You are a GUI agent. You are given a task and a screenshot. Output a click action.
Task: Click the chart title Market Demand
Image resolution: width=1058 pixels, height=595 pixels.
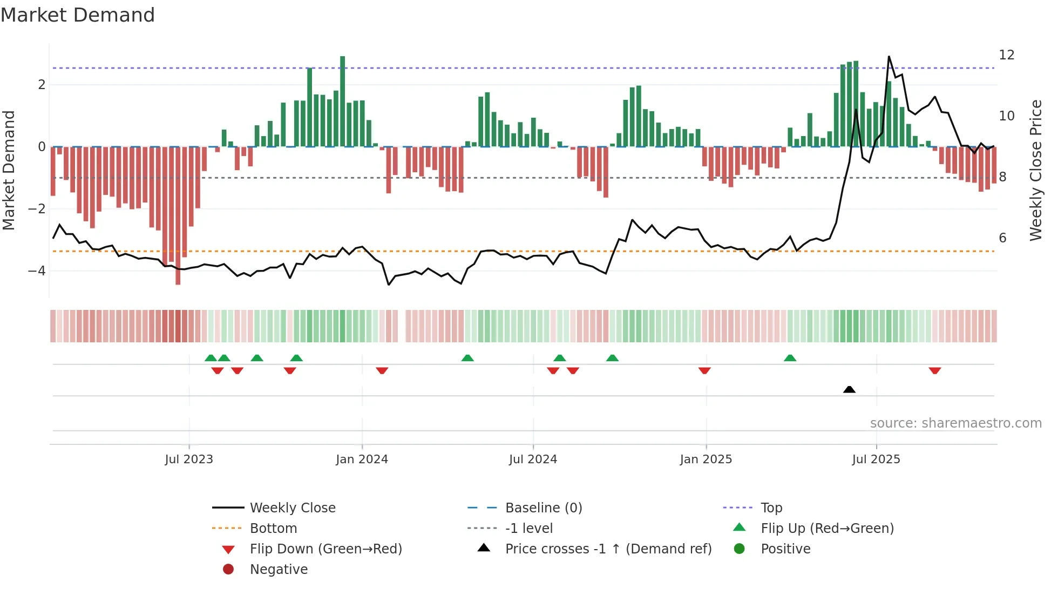[78, 15]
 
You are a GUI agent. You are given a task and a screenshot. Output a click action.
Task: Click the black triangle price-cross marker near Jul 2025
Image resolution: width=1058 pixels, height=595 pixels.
[849, 389]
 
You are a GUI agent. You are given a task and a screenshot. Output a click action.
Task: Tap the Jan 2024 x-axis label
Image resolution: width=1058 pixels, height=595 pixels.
[362, 459]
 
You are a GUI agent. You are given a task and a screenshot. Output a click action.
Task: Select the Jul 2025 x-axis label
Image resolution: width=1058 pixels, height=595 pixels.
[876, 459]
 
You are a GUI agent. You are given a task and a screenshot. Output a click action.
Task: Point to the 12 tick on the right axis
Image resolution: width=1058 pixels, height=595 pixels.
[1006, 55]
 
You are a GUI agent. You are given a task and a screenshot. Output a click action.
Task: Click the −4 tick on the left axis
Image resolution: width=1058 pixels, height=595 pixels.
[37, 271]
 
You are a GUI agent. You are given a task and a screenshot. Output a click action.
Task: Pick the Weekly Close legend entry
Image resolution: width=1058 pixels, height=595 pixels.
[292, 508]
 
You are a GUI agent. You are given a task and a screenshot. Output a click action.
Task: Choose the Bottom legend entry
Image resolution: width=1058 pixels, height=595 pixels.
[273, 529]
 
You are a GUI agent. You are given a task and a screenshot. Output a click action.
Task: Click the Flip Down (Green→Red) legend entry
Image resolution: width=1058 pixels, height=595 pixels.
[325, 549]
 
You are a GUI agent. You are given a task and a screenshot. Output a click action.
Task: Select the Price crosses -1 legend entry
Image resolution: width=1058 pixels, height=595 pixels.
[608, 549]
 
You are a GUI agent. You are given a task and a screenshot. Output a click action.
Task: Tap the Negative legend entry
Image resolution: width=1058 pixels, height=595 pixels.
[279, 570]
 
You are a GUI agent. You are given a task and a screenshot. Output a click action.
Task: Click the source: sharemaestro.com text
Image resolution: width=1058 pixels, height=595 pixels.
[955, 423]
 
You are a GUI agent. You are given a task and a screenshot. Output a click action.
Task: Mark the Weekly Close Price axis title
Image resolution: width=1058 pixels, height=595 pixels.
[1035, 170]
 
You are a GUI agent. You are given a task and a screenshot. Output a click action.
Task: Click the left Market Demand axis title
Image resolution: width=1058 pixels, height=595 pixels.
[9, 170]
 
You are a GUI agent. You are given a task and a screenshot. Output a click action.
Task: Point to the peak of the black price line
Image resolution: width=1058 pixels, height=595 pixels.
[889, 57]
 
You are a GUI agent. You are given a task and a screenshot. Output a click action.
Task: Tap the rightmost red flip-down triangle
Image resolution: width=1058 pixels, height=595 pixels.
[935, 371]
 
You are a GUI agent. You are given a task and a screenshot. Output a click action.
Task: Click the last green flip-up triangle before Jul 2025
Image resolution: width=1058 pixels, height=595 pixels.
[790, 358]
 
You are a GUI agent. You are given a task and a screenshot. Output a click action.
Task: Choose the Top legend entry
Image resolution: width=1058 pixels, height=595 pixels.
[771, 508]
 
